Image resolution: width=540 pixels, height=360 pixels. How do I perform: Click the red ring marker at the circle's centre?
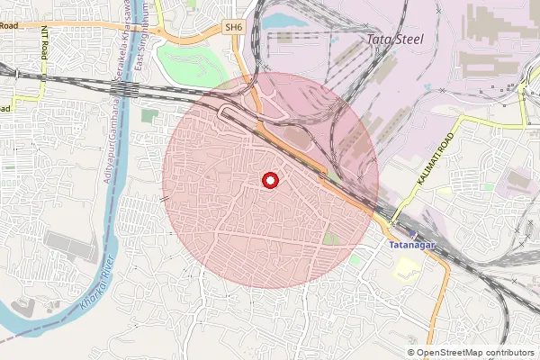[269, 181]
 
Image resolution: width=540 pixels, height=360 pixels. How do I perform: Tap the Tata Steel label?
[398, 40]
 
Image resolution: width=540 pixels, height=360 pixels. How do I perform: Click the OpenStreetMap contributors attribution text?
[475, 353]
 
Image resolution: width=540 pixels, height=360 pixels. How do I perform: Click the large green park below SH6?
[193, 63]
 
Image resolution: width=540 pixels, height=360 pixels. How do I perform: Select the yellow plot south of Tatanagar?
[408, 266]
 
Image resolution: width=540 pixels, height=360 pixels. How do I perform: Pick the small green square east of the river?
[149, 115]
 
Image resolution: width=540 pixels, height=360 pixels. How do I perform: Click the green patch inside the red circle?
[332, 238]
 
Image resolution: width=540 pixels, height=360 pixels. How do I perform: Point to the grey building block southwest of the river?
[71, 246]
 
